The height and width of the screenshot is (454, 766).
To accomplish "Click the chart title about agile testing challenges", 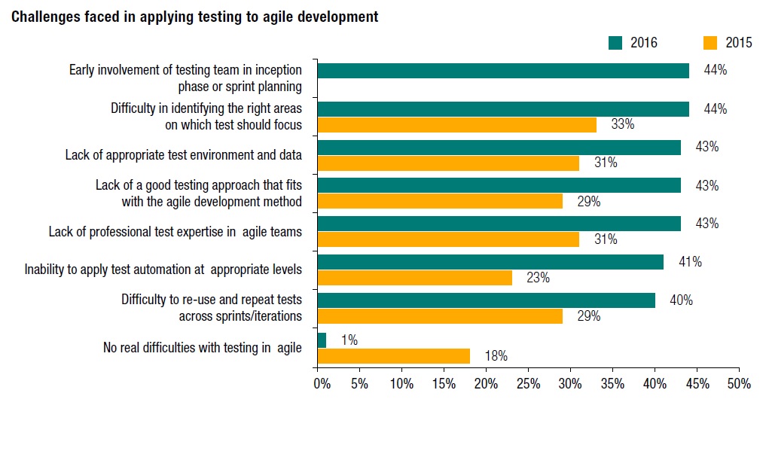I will (x=194, y=17).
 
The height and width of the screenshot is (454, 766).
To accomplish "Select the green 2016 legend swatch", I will (x=615, y=43).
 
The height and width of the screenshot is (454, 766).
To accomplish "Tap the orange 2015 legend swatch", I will (x=709, y=43).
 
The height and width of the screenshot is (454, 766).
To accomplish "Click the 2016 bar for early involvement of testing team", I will (x=502, y=71).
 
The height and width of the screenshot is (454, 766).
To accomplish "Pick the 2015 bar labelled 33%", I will (x=456, y=125).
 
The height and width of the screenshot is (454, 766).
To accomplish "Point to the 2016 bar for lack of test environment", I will (x=499, y=148).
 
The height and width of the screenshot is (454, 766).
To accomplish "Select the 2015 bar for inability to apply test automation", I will (x=414, y=278).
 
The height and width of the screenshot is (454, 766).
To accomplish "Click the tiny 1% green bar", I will (x=322, y=340).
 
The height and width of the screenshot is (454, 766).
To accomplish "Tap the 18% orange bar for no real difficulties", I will (x=393, y=356).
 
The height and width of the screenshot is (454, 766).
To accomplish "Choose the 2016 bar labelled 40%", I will (x=486, y=300).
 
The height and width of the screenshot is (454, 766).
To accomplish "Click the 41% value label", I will (x=691, y=262).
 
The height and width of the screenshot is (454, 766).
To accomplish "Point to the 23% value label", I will (x=538, y=278).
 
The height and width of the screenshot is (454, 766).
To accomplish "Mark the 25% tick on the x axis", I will (x=528, y=384).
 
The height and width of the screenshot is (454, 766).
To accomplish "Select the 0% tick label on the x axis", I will (x=322, y=384).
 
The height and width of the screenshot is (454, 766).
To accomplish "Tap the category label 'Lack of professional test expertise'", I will (x=175, y=232).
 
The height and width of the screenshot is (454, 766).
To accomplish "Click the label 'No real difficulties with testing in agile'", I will (x=202, y=348).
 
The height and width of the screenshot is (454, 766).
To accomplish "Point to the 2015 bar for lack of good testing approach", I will (x=440, y=201).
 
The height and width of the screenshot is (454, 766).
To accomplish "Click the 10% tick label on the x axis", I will (x=401, y=384).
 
